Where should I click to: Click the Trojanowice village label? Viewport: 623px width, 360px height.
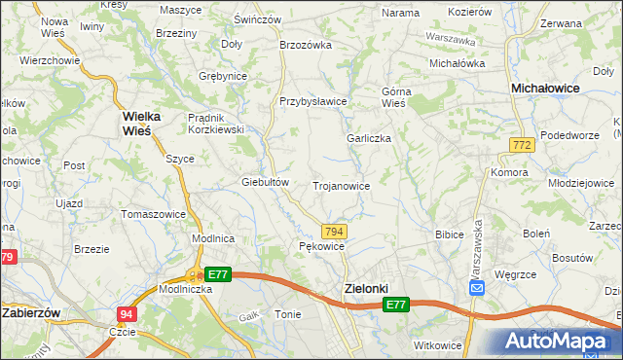341,185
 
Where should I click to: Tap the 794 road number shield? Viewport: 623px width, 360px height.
334,231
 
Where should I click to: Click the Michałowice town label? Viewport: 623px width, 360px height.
546,88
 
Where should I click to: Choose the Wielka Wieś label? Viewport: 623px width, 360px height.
147,123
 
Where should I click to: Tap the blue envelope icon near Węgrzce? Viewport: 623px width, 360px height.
477,288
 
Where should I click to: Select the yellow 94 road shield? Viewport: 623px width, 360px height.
127,314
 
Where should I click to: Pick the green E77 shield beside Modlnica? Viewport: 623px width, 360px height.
218,275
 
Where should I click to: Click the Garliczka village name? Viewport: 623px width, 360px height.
369,138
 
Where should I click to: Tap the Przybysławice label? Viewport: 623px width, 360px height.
313,101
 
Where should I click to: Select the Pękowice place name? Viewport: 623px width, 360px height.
322,247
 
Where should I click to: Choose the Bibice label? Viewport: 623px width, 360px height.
449,234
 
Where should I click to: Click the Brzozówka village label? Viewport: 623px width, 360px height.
306,44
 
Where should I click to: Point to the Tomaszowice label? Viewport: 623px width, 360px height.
153,213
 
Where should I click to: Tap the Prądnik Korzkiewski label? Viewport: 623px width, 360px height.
215,124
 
